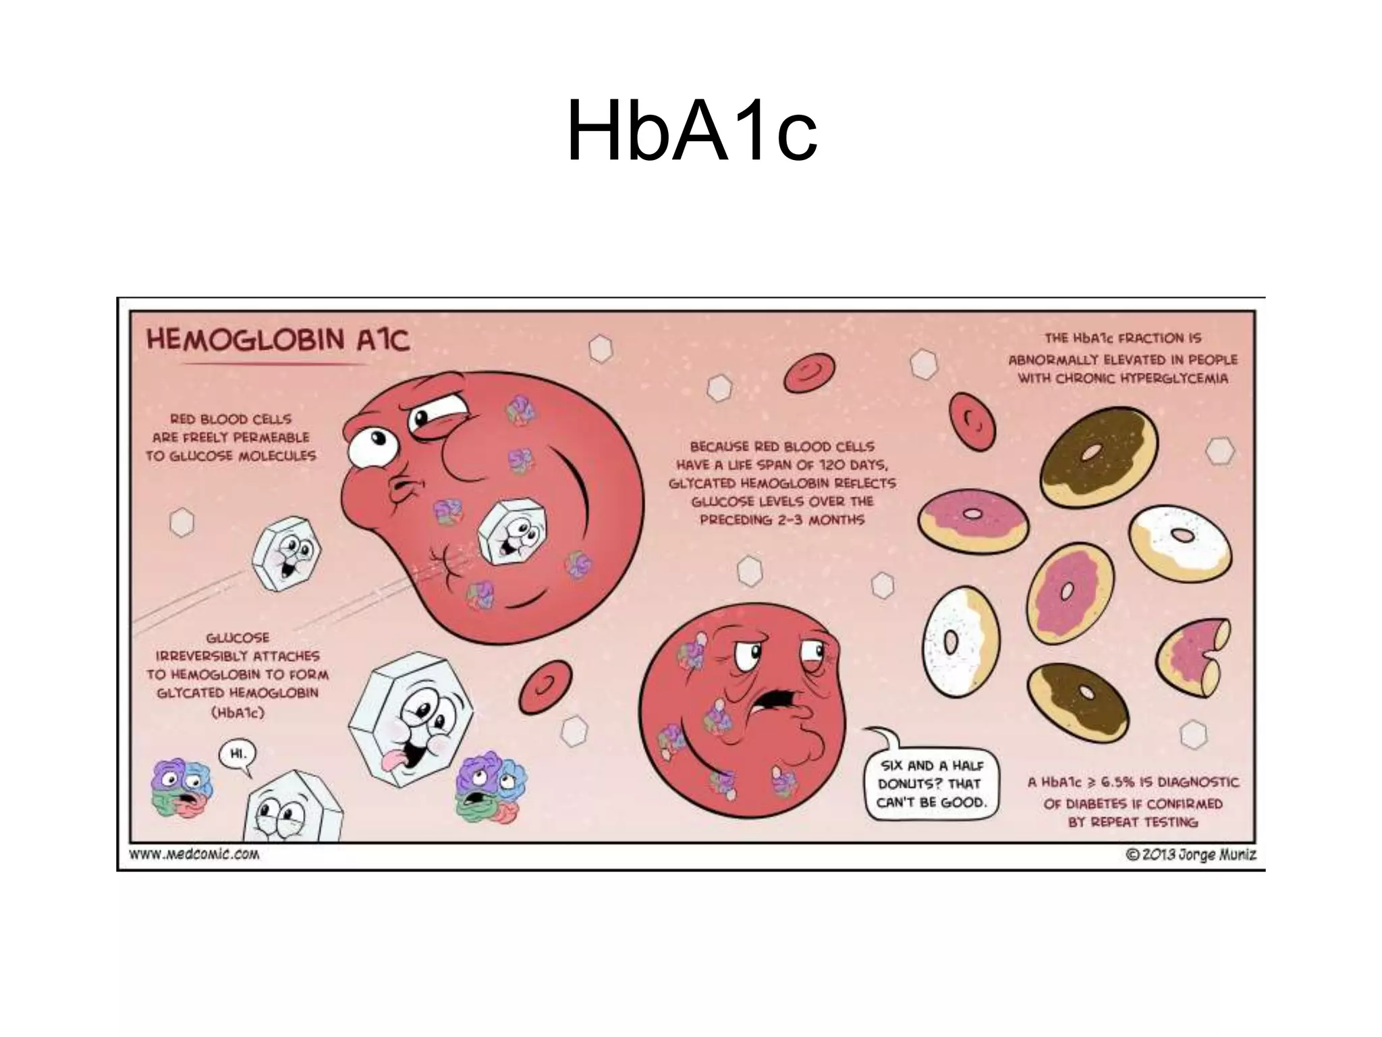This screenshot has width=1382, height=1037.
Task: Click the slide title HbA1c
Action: tap(692, 132)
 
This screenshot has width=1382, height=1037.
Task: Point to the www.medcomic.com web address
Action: tap(194, 855)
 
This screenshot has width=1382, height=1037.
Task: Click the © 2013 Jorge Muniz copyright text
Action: tap(1191, 855)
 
